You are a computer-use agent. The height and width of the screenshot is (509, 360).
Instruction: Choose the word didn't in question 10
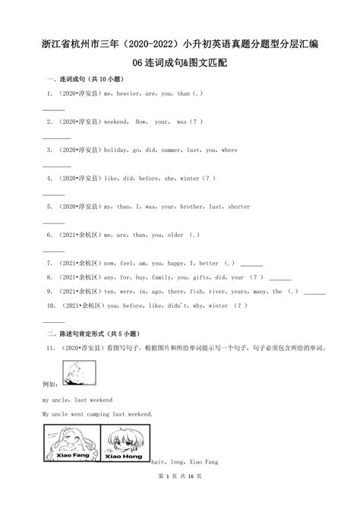[x=176, y=305]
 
